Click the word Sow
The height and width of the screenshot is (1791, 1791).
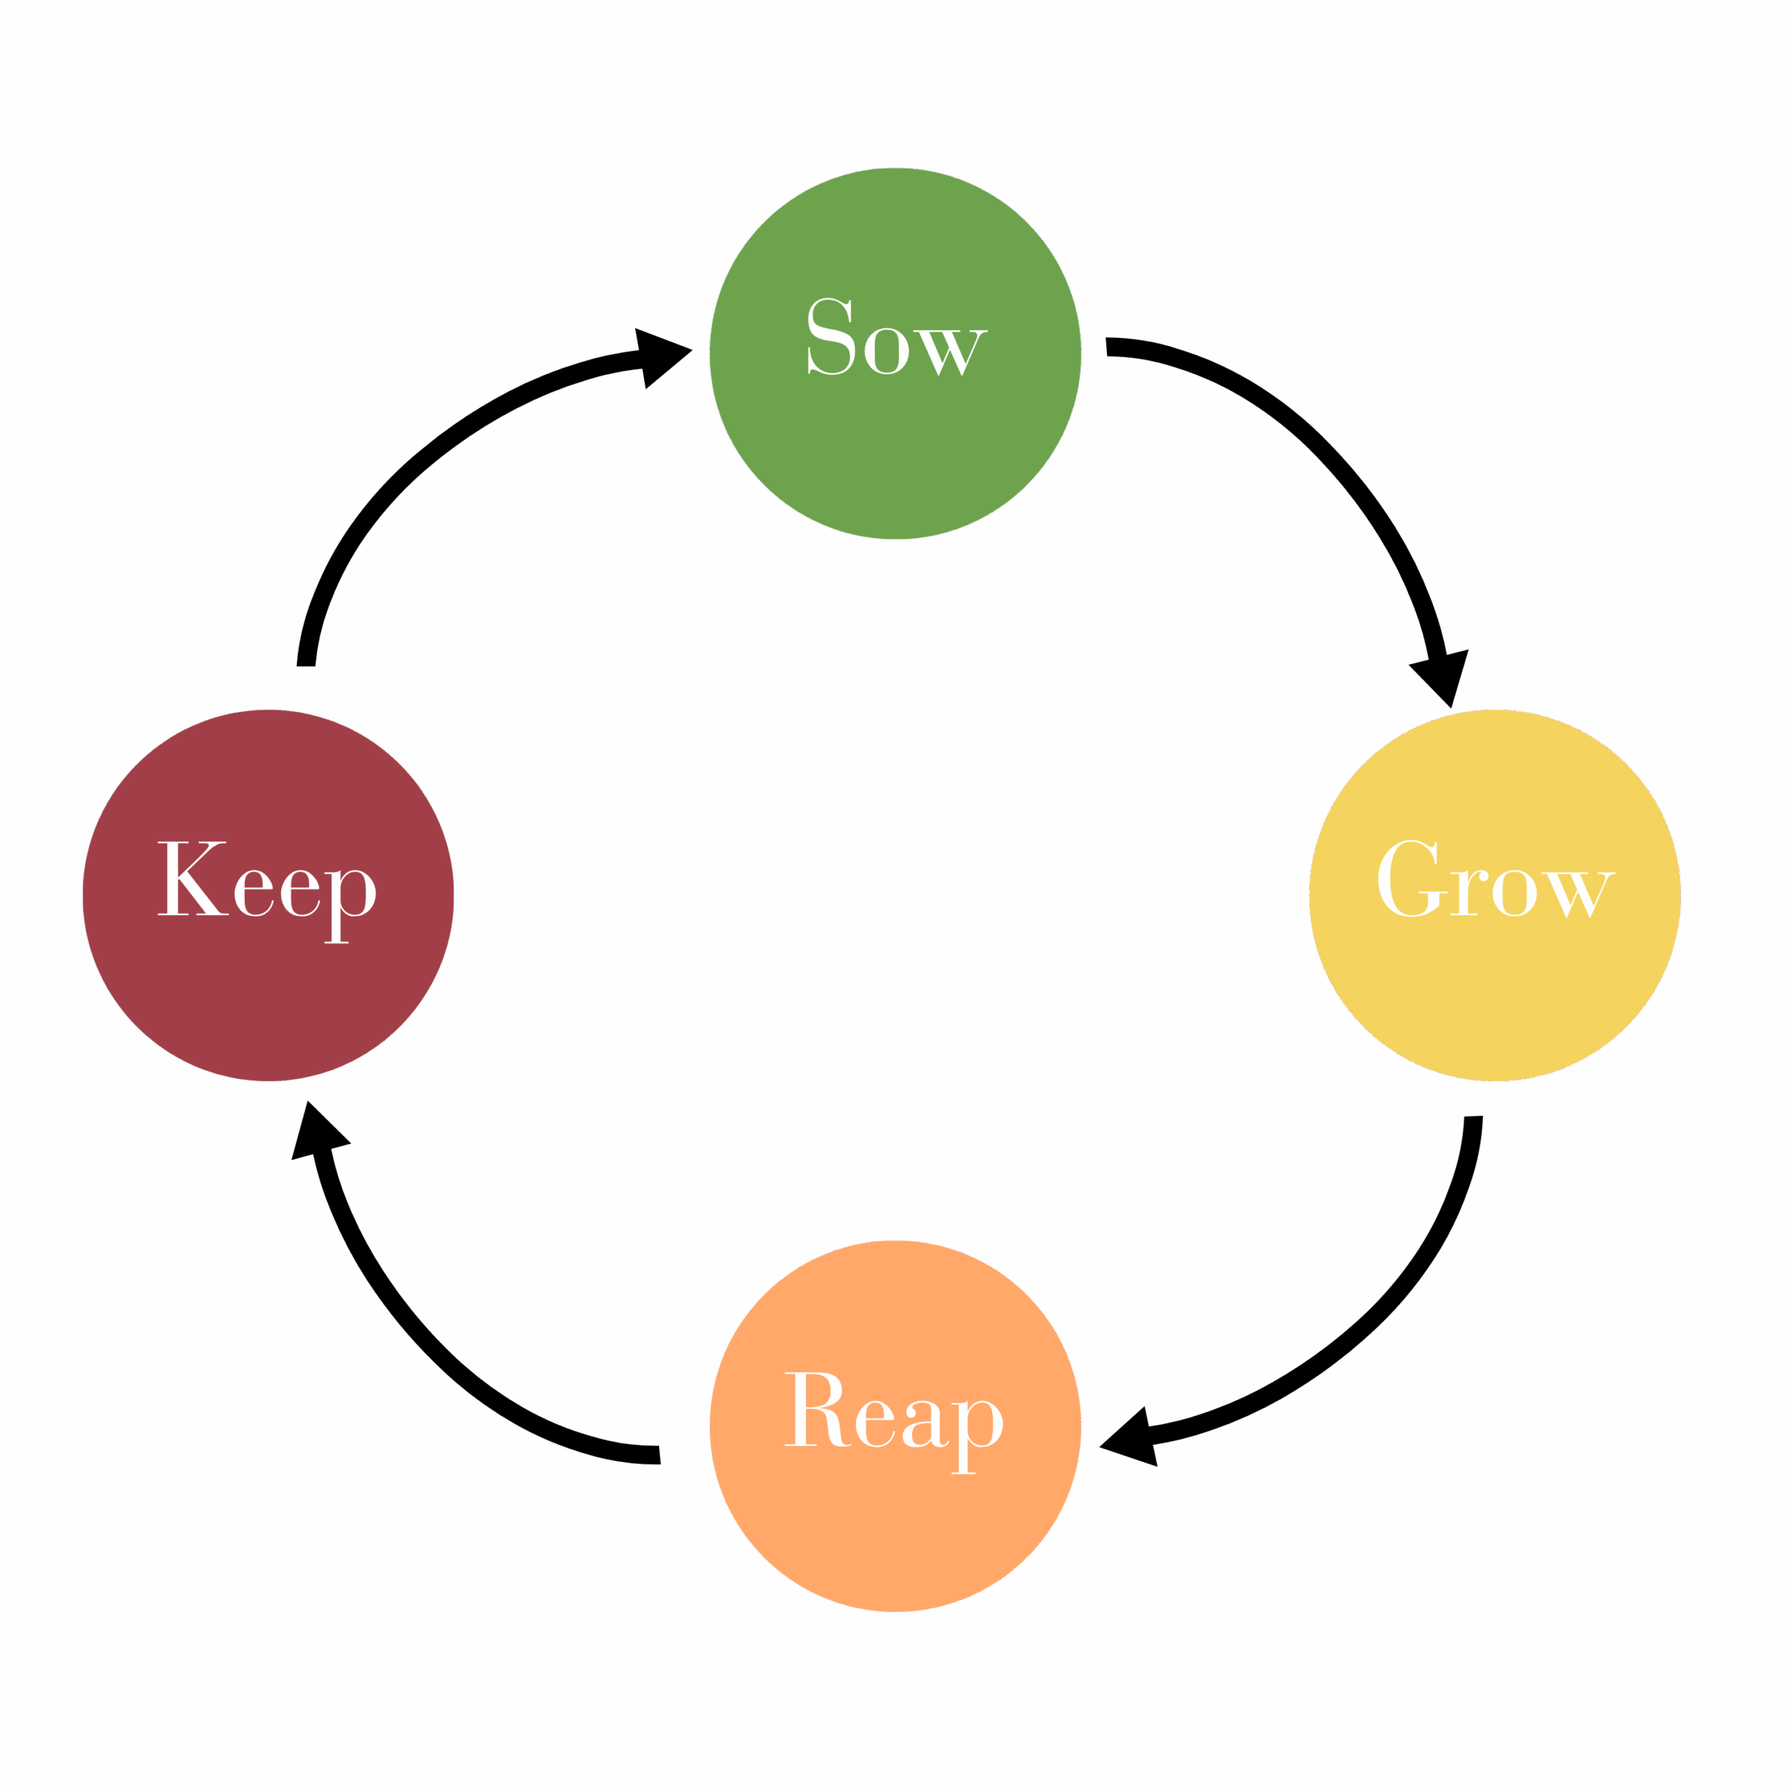point(895,339)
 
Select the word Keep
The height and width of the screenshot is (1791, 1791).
point(267,881)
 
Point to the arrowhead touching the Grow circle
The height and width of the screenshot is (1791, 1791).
point(1443,676)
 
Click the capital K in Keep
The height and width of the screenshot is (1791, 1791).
point(192,878)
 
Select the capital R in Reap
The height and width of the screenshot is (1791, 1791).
point(818,1409)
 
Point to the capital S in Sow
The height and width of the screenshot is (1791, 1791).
point(830,337)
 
